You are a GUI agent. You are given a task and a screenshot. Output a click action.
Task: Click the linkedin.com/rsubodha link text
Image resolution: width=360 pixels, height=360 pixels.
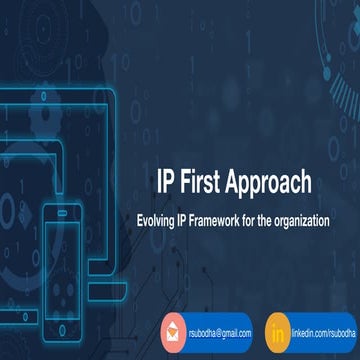pyautogui.click(x=316, y=329)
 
